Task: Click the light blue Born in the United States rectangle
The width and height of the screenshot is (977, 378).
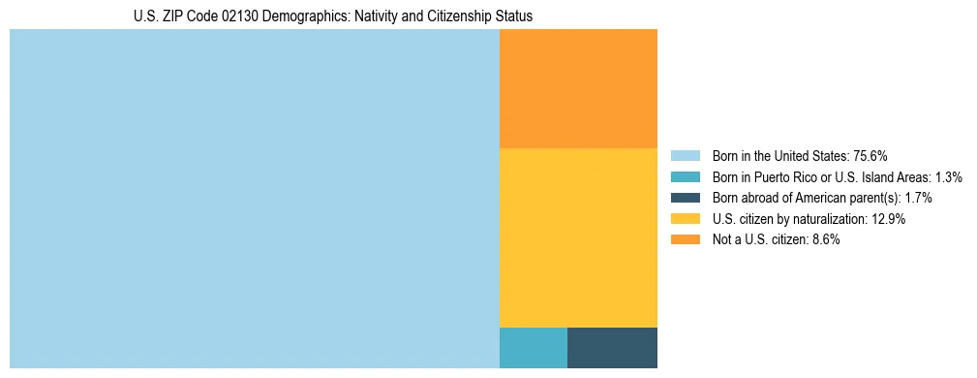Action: pos(254,199)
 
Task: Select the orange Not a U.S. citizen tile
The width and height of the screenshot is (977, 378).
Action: pos(578,88)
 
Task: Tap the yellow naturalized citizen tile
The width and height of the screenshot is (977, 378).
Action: pos(578,237)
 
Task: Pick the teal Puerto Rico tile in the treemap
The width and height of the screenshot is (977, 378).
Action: pos(533,348)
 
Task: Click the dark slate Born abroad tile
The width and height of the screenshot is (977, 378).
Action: pos(612,348)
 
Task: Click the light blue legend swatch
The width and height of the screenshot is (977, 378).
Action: pos(685,156)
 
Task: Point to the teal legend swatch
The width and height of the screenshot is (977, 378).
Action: pos(685,177)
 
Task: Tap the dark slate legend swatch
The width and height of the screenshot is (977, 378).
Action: pos(685,198)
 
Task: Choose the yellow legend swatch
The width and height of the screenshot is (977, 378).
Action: pos(685,219)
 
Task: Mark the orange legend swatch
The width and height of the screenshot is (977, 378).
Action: pos(685,240)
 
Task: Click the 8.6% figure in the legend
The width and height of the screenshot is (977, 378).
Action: pos(823,240)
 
